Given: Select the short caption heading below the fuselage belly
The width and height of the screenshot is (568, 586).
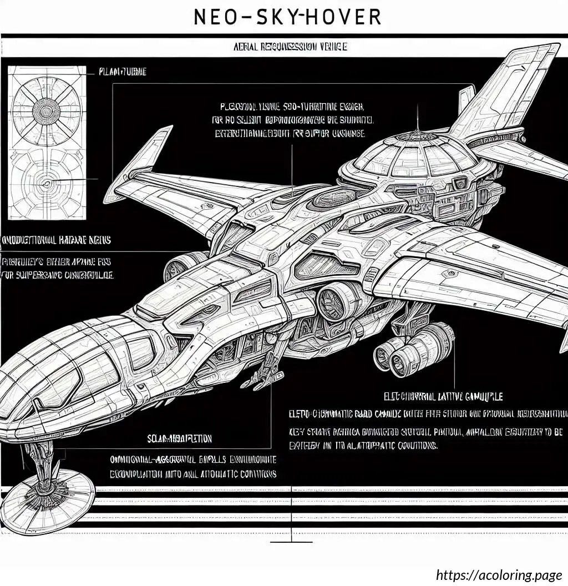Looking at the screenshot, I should coord(179,438).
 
